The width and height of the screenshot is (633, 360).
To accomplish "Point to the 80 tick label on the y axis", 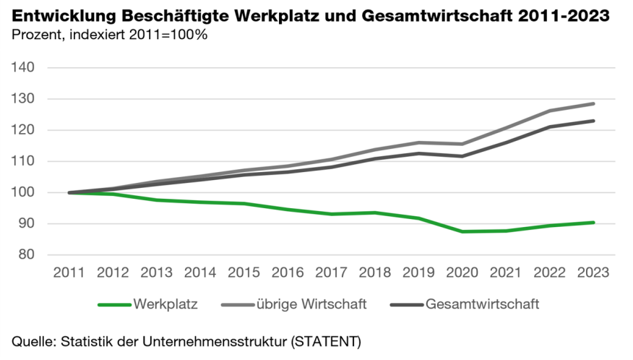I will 27,254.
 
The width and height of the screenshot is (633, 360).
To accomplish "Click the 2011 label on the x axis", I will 69,273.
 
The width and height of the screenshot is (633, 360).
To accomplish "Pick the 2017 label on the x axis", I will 332,273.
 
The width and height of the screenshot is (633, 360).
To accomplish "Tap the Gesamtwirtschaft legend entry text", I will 482,304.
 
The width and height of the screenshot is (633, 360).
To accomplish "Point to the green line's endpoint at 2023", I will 594,222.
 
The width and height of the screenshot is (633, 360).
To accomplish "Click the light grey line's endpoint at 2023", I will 594,103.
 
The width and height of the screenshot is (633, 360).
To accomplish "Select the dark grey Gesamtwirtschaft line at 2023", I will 594,121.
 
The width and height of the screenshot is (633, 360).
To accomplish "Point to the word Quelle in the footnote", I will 33,340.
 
